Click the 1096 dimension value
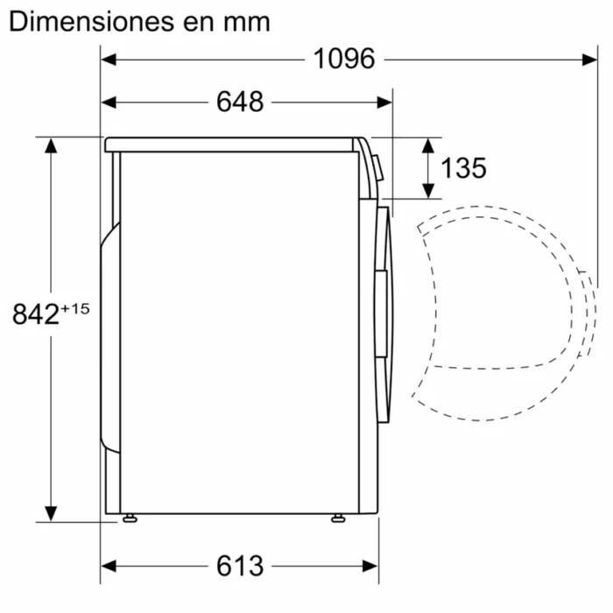[344, 59]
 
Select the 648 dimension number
[240, 102]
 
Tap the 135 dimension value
[463, 167]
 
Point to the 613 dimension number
[239, 566]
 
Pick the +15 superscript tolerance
[76, 308]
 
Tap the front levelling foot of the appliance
[337, 518]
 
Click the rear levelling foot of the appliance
[130, 518]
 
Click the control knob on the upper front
[377, 166]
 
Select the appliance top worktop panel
[232, 144]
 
